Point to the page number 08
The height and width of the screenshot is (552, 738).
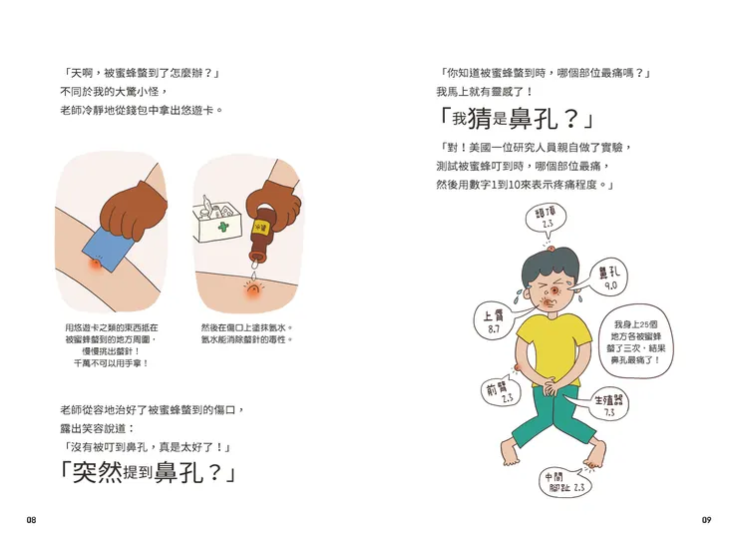(x=32, y=520)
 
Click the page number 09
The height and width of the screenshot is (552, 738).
(x=705, y=520)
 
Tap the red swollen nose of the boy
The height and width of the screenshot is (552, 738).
(x=552, y=295)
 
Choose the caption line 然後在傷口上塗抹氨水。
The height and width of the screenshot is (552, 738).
(x=246, y=327)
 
